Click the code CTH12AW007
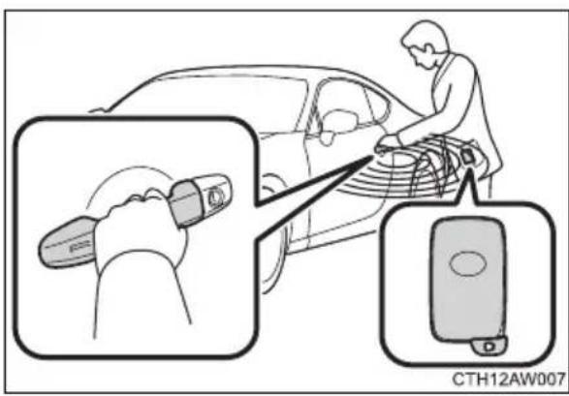click(508, 380)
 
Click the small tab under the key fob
click(489, 345)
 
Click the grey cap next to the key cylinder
click(185, 203)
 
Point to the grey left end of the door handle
click(67, 242)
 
